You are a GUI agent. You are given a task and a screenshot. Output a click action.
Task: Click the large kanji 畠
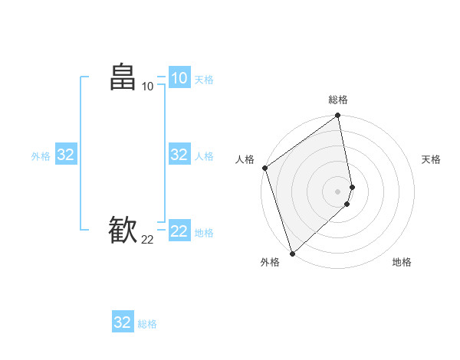123,78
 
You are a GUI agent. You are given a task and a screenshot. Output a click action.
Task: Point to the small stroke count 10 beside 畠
147,87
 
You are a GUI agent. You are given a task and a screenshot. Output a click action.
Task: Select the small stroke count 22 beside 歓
147,240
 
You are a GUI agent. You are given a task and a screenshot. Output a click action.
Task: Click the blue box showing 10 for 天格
179,78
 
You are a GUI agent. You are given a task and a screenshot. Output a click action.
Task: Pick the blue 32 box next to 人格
179,155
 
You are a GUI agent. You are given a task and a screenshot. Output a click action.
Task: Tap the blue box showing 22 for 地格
179,231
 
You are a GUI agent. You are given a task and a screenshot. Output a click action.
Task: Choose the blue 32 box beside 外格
65,155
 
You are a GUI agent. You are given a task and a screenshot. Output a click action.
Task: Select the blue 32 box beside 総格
123,322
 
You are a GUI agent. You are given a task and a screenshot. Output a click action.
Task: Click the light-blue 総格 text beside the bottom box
147,324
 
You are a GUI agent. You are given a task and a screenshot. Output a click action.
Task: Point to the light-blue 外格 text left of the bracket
41,156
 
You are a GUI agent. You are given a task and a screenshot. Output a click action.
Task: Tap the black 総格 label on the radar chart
338,100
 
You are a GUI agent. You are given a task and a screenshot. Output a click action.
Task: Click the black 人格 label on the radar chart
245,159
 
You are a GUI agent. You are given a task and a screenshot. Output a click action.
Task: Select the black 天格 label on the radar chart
432,159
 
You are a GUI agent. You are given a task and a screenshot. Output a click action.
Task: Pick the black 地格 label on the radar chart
402,262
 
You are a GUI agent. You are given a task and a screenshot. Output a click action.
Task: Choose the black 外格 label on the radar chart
270,262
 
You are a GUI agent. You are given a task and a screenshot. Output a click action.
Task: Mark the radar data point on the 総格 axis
338,116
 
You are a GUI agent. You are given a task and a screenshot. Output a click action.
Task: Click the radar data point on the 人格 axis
264,168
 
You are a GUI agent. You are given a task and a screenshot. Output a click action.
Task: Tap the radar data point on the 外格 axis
292,253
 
